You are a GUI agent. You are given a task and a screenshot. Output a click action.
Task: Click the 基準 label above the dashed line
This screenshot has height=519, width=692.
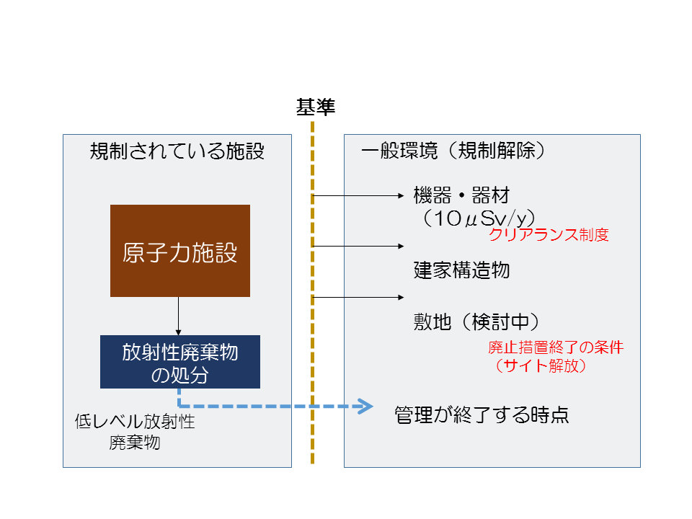coord(316,107)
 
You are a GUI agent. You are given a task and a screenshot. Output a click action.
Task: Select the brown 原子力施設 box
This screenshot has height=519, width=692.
coord(180,251)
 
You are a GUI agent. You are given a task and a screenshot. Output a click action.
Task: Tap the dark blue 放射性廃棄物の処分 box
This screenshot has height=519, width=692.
coord(180,362)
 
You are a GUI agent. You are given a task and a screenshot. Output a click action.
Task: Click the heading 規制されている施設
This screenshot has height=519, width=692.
coord(177,151)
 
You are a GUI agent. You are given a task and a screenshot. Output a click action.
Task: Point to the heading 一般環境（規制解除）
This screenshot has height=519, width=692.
coord(453,151)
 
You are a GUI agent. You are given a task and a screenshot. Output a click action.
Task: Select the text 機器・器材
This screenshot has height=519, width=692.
coord(461,195)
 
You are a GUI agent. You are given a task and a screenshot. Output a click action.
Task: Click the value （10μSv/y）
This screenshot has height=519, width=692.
coord(479,218)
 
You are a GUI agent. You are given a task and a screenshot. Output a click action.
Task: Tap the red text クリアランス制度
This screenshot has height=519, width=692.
coord(549,234)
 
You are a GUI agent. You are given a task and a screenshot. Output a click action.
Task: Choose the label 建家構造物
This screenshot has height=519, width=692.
coord(461,270)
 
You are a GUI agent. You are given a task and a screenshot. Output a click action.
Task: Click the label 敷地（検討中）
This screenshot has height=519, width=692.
coord(476,321)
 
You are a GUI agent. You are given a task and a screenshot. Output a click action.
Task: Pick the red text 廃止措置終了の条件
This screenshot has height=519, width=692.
coord(556,347)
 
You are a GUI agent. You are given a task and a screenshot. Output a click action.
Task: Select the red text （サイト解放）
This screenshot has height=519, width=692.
coord(541,365)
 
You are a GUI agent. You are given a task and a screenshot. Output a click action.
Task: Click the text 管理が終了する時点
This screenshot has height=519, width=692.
coord(482,415)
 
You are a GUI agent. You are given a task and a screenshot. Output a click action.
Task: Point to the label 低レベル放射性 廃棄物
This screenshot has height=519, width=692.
coord(135,432)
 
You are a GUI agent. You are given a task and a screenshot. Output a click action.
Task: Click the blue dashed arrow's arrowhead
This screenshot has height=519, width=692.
coord(365,406)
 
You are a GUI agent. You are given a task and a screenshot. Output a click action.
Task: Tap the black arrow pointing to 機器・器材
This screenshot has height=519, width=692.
coord(358,195)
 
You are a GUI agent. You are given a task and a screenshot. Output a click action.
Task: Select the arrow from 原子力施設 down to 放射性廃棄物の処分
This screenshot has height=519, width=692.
coord(178,316)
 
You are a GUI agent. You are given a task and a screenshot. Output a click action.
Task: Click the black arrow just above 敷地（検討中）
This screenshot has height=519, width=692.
coord(358,298)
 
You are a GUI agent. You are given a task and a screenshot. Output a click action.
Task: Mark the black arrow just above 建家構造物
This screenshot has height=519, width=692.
coord(358,247)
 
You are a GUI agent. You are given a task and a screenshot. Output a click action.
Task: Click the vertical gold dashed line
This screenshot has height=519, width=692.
coord(312,293)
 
